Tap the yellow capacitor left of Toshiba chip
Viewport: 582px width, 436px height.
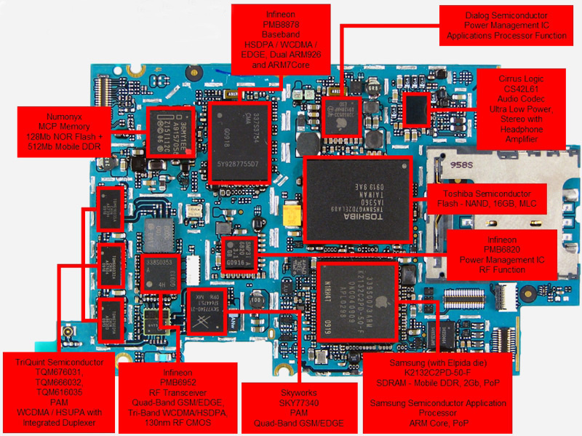(292, 216)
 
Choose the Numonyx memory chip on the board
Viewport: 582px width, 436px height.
(175, 132)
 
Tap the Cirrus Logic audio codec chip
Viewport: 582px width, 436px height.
(415, 109)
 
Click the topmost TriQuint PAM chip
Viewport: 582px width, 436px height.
(111, 209)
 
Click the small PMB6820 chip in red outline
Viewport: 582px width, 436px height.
(236, 252)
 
